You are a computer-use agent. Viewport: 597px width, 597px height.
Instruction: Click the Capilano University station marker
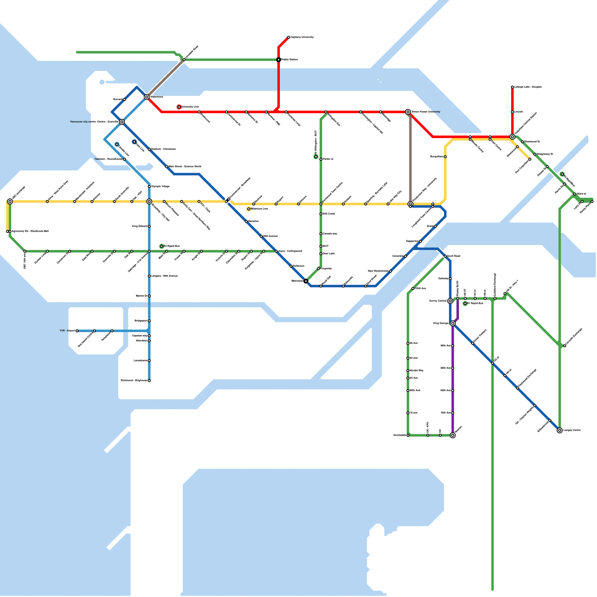(x=288, y=37)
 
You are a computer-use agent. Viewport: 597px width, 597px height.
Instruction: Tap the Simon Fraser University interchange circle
(x=408, y=112)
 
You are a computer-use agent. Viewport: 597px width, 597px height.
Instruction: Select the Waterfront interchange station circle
(x=147, y=97)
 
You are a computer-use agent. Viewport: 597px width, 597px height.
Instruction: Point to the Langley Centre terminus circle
(x=560, y=430)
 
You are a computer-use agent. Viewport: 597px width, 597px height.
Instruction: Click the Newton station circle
(x=453, y=435)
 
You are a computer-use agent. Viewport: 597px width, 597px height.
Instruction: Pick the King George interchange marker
(x=453, y=323)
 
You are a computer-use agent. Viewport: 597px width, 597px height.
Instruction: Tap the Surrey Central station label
(x=438, y=301)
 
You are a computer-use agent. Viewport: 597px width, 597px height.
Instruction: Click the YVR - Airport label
(x=67, y=331)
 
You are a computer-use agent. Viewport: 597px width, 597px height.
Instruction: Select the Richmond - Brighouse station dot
(x=149, y=381)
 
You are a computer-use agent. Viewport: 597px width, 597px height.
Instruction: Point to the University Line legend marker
(x=179, y=107)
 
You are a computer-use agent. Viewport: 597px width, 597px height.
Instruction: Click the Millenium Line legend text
(x=259, y=209)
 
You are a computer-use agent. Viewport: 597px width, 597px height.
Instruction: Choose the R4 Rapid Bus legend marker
(x=162, y=246)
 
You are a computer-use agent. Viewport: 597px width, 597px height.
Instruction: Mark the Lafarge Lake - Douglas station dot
(x=512, y=87)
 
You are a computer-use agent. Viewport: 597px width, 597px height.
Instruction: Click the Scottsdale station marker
(x=408, y=435)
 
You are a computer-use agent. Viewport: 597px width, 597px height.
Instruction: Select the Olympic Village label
(x=160, y=186)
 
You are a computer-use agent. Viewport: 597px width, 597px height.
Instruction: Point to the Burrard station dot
(x=124, y=100)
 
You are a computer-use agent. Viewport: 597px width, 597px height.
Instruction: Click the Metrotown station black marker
(x=306, y=281)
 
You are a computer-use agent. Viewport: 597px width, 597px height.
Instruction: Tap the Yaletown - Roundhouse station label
(x=108, y=159)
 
